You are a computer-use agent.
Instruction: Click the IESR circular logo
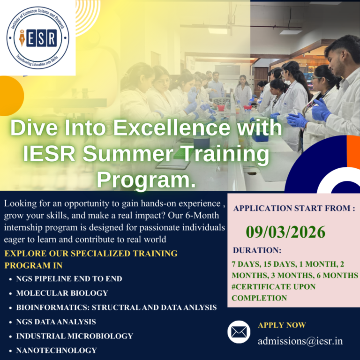click(x=37, y=37)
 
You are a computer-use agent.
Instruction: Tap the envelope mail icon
click(x=239, y=332)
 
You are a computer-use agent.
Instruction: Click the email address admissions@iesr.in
click(x=300, y=341)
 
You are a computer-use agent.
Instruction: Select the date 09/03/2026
click(x=285, y=232)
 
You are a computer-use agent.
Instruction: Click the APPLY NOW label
click(x=282, y=325)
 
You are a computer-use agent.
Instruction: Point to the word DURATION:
click(x=257, y=250)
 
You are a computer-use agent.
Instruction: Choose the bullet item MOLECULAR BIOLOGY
click(x=62, y=293)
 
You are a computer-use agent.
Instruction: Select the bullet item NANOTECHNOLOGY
click(x=56, y=350)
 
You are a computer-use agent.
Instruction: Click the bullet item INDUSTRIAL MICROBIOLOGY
click(x=75, y=336)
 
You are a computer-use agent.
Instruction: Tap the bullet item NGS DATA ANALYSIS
click(x=56, y=322)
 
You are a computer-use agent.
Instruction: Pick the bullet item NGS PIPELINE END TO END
click(x=69, y=279)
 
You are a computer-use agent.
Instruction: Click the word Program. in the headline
click(x=146, y=180)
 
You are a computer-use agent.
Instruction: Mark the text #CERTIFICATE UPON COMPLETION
click(x=273, y=292)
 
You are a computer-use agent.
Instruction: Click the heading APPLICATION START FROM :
click(x=294, y=208)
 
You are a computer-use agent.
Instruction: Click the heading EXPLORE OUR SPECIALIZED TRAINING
click(x=91, y=254)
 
